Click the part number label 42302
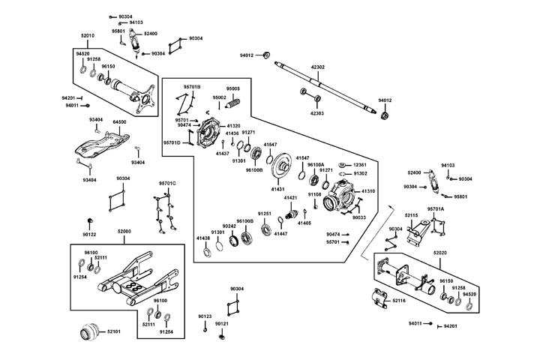pyautogui.click(x=318, y=67)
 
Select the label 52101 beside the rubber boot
pyautogui.click(x=114, y=331)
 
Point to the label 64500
pyautogui.click(x=119, y=121)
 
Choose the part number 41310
pyautogui.click(x=367, y=191)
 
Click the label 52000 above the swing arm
pyautogui.click(x=124, y=232)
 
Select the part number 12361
pyautogui.click(x=360, y=164)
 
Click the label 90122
pyautogui.click(x=91, y=234)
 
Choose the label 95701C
pyautogui.click(x=166, y=183)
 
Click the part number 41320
pyautogui.click(x=233, y=126)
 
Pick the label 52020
pyautogui.click(x=441, y=254)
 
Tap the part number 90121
pyautogui.click(x=221, y=324)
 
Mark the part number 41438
pyautogui.click(x=203, y=238)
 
